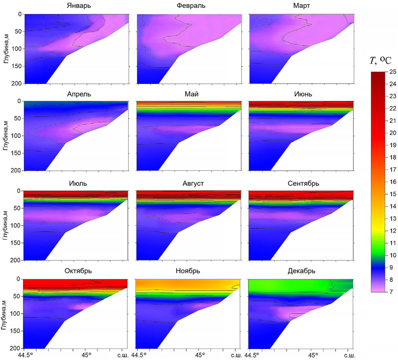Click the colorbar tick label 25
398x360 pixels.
pyautogui.click(x=391, y=71)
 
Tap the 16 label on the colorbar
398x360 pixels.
pyautogui.click(x=391, y=182)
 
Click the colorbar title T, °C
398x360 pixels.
pyautogui.click(x=380, y=61)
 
